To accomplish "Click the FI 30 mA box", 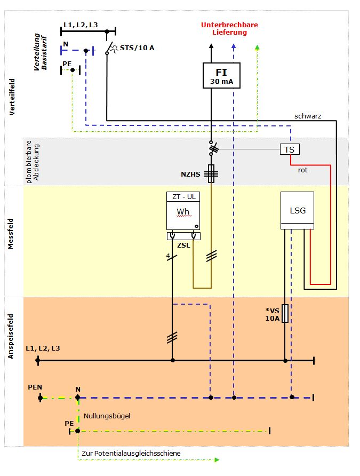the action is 221,76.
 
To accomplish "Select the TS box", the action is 290,149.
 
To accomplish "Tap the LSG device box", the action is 297,210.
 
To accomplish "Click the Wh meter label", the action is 183,211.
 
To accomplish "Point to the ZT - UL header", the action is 184,197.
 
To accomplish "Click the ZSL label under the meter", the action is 183,245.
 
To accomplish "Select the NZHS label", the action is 190,174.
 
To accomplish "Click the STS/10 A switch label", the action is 137,47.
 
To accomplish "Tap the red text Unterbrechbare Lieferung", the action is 229,28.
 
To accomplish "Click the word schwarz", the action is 308,116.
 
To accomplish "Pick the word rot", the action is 303,170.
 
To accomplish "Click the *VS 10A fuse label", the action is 273,314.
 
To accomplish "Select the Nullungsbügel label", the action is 107,416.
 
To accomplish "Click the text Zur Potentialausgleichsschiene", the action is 131,453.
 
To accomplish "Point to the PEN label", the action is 35,387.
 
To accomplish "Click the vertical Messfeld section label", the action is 11,234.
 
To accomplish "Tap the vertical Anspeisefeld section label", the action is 11,336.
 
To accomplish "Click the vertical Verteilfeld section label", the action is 12,97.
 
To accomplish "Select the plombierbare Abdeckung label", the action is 33,162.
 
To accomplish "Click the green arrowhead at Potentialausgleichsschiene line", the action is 217,459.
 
